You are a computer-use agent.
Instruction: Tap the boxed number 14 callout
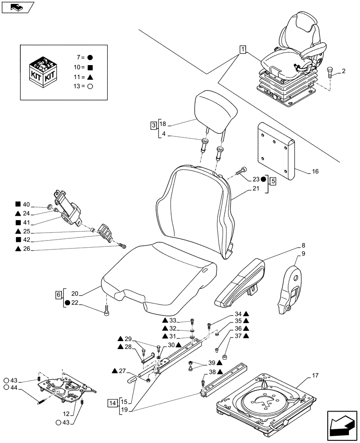113,403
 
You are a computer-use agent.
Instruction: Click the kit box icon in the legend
43,72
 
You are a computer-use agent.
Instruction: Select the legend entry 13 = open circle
85,87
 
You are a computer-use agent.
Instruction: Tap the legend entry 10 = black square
85,67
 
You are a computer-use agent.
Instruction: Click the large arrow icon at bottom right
342,424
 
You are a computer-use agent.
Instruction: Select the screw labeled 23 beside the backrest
243,171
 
